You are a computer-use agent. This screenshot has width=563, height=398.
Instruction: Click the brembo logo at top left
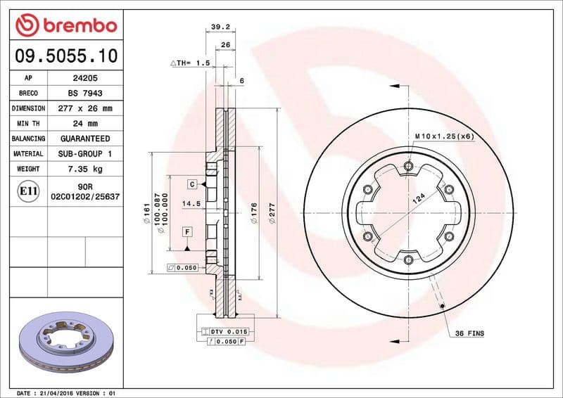coord(65,26)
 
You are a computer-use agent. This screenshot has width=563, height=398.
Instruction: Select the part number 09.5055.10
coord(65,56)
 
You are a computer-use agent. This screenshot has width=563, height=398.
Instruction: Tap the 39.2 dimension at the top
coord(220,28)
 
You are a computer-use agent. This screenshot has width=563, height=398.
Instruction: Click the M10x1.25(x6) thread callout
coord(443,136)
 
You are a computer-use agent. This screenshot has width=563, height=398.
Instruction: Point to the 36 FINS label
coord(469,333)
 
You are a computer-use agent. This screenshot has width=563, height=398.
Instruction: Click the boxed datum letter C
coord(191,184)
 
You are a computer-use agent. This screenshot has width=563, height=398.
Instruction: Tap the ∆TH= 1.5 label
coord(191,63)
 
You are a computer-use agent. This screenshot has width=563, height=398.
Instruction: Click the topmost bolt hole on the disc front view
coord(409,167)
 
